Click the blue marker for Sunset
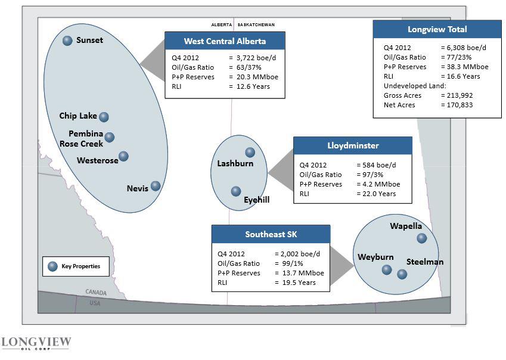coord(67,41)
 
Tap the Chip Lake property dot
coord(104,117)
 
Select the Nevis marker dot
coord(156,186)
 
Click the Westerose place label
coord(98,160)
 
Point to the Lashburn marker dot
coord(250,153)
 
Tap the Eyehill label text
coord(257,200)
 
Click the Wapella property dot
coord(422,238)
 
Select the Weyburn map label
coord(375,257)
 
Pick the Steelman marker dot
coord(402,274)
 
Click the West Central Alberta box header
coord(225,41)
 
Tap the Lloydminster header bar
coord(353,145)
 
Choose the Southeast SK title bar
coord(271,234)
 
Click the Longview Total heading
coord(437,29)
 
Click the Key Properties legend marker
coord(52,266)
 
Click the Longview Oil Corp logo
coord(36,344)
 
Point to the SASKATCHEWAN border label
coord(256,25)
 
